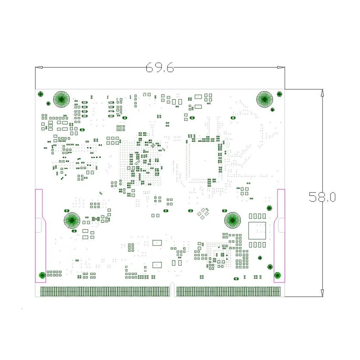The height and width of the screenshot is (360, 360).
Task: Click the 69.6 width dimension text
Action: [159, 67]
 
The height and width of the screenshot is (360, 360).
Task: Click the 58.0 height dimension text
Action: [322, 197]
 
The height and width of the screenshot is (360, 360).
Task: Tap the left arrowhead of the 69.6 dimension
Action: [39, 67]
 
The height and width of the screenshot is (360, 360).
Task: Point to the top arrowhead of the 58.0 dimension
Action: [322, 93]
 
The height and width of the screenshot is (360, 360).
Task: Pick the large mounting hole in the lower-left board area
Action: [72, 220]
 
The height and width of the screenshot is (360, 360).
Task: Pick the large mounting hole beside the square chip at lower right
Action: [233, 220]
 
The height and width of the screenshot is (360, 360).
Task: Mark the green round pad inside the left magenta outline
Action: [42, 276]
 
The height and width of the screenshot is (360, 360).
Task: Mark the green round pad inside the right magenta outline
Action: [277, 275]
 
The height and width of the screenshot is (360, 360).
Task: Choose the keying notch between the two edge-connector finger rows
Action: [173, 290]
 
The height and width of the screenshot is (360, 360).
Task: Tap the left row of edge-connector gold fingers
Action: [105, 292]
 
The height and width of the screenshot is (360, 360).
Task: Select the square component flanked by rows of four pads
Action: [257, 230]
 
